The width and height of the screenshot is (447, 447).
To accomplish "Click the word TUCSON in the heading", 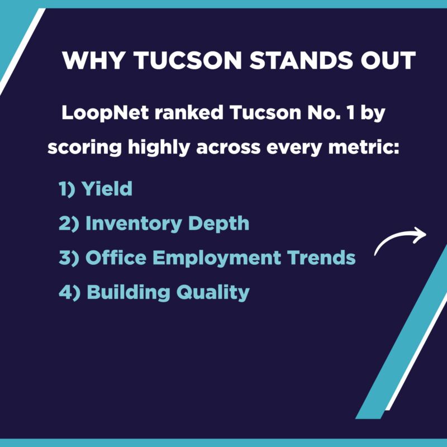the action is pos(188,60).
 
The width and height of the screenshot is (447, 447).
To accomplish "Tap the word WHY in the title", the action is pos(93,60).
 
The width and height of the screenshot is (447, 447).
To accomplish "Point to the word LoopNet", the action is pos(105,113).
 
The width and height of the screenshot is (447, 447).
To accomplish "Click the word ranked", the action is pos(189,113).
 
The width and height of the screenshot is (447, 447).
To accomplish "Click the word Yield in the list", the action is pos(107,188).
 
